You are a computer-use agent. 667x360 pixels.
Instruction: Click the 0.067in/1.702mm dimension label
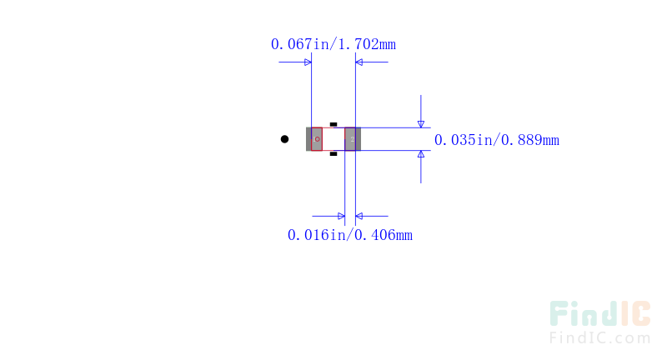pos(333,44)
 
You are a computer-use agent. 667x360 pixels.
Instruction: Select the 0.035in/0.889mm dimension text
pos(496,140)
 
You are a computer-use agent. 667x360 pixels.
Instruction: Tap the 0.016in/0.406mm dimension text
pos(349,235)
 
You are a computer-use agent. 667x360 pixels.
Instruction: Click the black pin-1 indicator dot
pos(284,139)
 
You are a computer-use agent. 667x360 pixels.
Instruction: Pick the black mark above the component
pos(333,124)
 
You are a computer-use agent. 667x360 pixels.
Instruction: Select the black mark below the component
pos(333,154)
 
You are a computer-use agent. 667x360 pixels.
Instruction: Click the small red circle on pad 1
pos(318,139)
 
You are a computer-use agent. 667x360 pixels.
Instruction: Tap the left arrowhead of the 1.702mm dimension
pos(308,62)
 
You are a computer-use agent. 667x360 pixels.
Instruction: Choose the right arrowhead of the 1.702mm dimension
pos(359,62)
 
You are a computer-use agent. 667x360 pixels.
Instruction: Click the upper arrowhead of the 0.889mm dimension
pos(421,124)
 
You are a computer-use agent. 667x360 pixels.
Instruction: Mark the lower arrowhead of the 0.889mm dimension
pos(421,154)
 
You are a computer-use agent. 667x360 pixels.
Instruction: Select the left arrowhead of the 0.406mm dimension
pos(341,216)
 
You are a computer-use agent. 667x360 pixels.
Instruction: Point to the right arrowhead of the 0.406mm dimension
pos(359,216)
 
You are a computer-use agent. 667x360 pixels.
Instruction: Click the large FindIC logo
pos(599,313)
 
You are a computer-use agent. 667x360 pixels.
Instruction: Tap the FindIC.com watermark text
pos(599,338)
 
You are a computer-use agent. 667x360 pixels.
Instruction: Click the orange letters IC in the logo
pos(635,313)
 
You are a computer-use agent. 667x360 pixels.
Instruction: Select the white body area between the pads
pos(333,139)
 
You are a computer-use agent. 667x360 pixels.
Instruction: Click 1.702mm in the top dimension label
pos(367,44)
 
